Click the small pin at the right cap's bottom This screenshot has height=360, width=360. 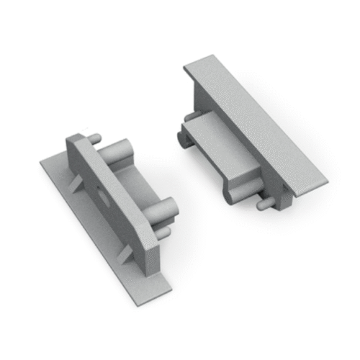tap(264, 206)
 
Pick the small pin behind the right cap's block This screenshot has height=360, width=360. tap(188, 115)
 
